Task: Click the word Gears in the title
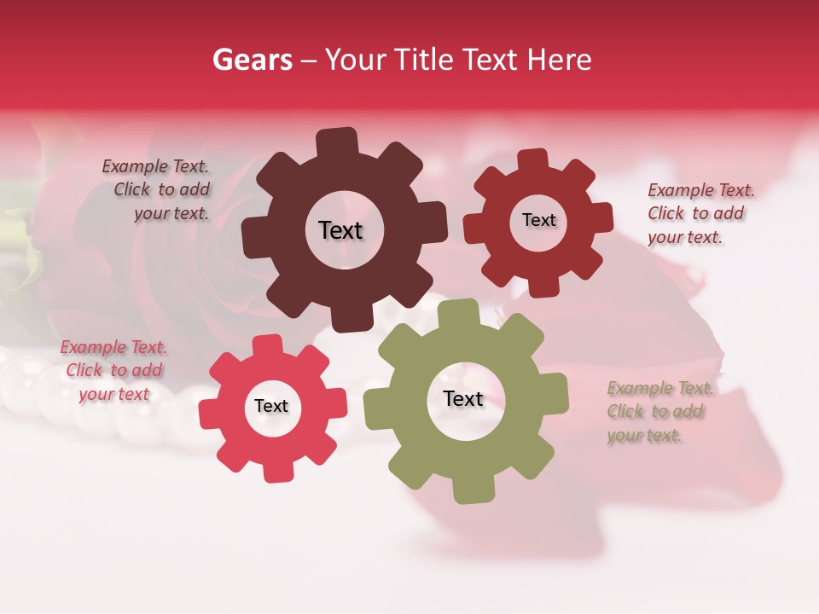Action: coord(252,60)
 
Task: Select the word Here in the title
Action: coord(560,60)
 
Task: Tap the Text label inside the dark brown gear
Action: coord(340,230)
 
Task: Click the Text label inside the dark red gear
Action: coord(538,220)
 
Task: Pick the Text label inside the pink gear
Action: coord(271,406)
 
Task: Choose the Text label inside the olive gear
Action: coord(463,398)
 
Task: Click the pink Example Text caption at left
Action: coord(113,370)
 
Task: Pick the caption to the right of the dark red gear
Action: coord(700,213)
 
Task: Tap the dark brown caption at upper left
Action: coord(157,189)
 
